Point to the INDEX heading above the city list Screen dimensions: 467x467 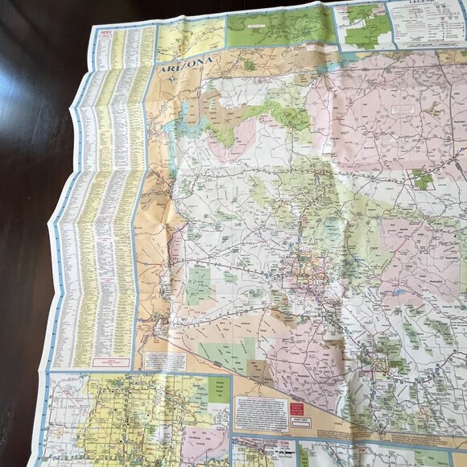click(105, 33)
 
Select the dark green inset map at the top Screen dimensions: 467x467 click(278, 27)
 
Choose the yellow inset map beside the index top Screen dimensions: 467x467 click(190, 39)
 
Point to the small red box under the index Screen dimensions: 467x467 click(111, 362)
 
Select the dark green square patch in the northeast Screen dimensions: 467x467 click(422, 179)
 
